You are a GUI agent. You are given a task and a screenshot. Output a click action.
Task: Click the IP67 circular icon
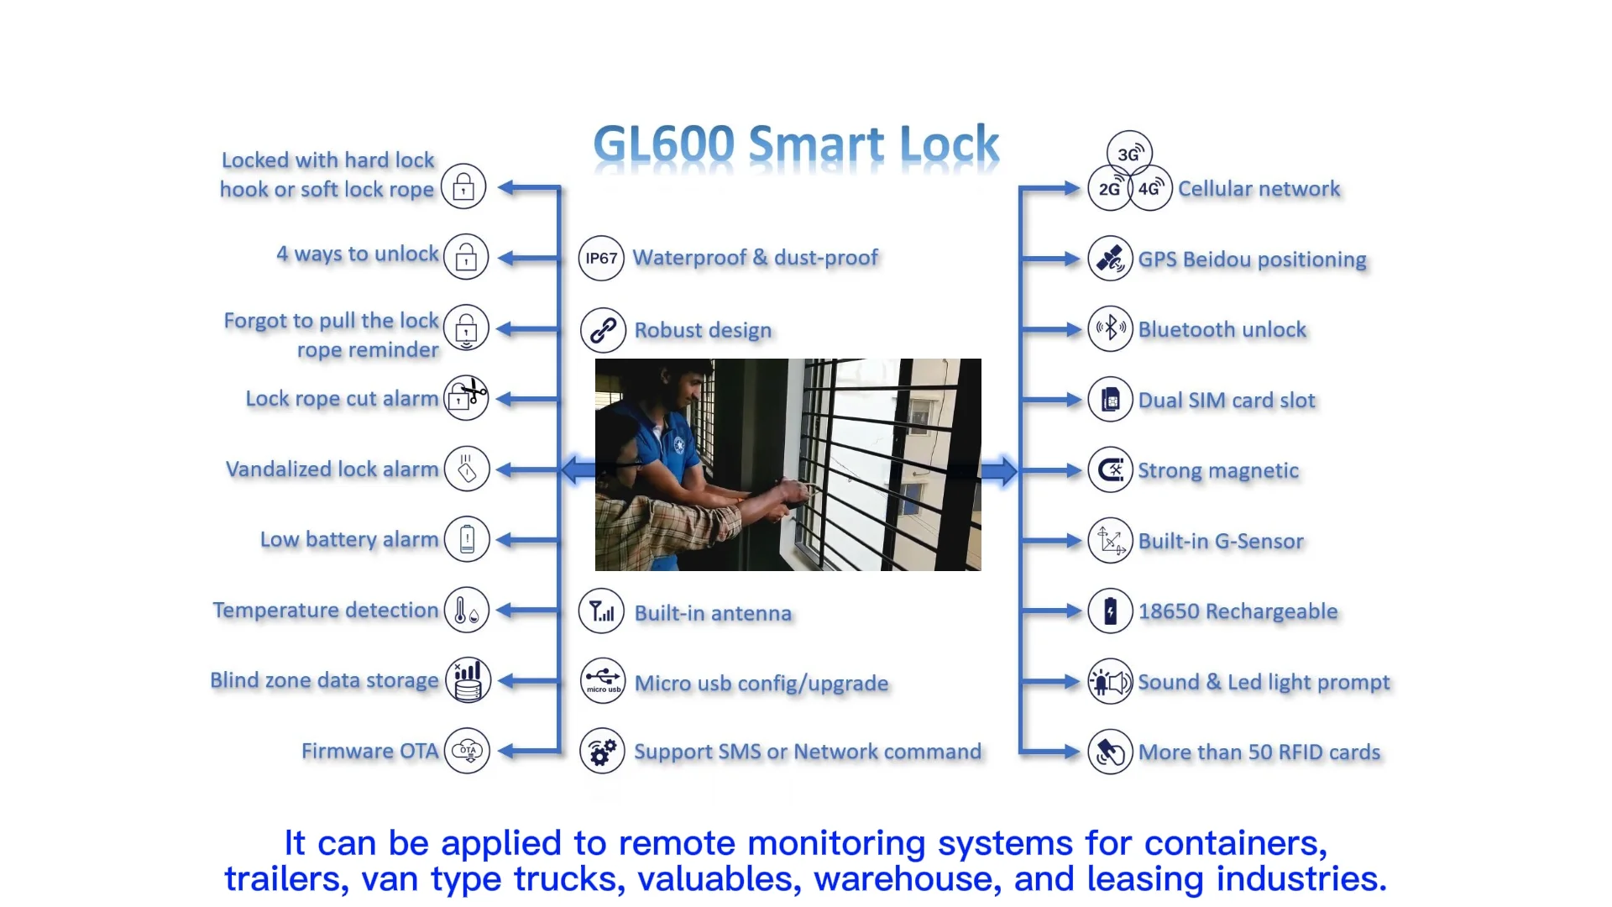tap(601, 258)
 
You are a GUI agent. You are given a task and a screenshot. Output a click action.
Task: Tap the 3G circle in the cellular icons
tap(1129, 154)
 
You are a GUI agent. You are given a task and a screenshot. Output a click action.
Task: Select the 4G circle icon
tap(1149, 188)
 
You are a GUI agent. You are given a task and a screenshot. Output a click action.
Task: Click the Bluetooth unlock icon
tap(1110, 328)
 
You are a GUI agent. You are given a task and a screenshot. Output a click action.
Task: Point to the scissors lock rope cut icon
tap(467, 397)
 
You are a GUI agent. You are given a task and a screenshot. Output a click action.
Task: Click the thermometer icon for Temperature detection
tap(467, 610)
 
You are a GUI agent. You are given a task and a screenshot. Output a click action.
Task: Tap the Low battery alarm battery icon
tap(467, 539)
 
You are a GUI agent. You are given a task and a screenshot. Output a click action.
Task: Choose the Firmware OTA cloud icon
tap(467, 751)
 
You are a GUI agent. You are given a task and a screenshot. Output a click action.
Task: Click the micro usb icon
tap(602, 680)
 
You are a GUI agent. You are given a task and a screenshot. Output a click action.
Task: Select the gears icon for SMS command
tap(602, 751)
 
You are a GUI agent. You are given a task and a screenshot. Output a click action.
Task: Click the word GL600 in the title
tap(664, 144)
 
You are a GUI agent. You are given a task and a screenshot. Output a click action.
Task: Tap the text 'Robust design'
tap(703, 330)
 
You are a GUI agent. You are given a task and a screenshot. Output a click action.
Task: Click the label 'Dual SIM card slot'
tap(1226, 401)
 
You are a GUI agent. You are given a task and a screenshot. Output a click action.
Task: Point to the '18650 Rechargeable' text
tap(1238, 611)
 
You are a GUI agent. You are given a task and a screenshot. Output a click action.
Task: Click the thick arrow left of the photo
tap(578, 469)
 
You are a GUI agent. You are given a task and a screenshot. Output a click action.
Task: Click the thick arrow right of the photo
tap(999, 470)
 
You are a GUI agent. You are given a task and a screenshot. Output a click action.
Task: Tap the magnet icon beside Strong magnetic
tap(1110, 469)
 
